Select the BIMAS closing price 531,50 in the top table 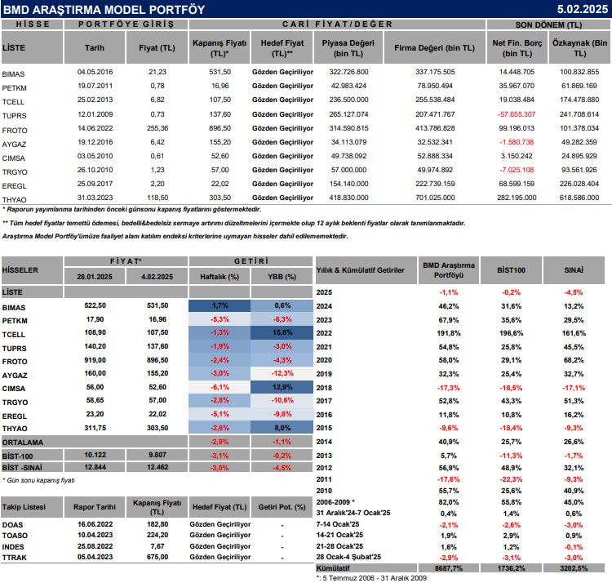pos(220,72)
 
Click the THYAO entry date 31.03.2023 pos(95,198)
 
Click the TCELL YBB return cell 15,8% pos(283,334)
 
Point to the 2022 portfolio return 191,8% pos(448,334)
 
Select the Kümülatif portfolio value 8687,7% pos(448,567)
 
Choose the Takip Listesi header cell pos(24,506)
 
